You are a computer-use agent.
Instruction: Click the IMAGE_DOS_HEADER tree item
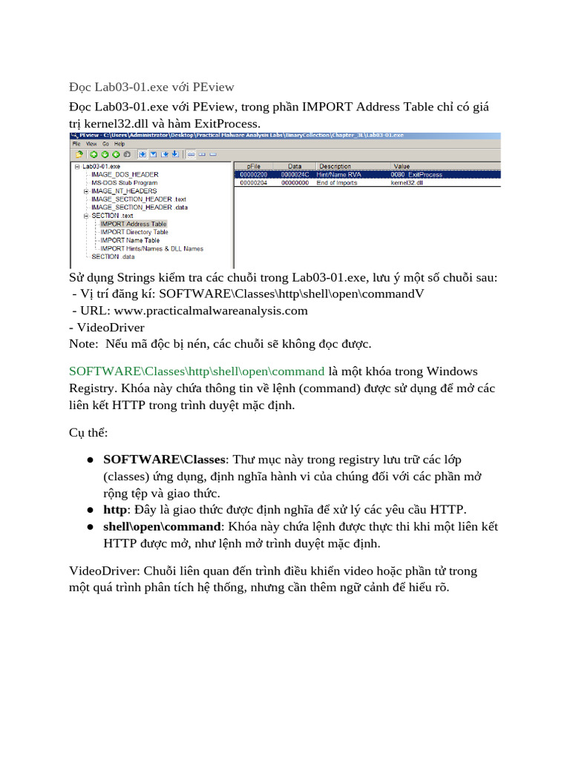click(x=125, y=175)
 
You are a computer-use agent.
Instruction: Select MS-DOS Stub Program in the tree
click(x=124, y=182)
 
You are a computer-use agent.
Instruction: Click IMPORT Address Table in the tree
click(x=134, y=224)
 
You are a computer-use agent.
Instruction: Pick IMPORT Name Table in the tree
click(x=130, y=240)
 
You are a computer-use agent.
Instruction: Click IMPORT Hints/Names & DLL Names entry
click(x=151, y=248)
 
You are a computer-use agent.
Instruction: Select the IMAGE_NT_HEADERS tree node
click(x=123, y=191)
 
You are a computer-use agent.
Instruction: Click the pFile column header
click(x=252, y=166)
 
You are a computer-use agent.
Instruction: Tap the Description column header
click(x=335, y=166)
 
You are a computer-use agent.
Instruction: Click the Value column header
click(x=402, y=166)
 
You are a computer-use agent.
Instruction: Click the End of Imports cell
click(x=337, y=182)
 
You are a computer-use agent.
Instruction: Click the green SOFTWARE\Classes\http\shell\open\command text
click(x=197, y=371)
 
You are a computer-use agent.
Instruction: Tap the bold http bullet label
click(x=115, y=509)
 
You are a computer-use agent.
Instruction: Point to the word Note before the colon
click(x=82, y=343)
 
